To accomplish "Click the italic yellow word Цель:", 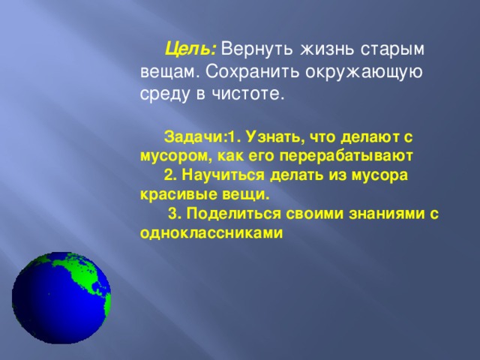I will [191, 49].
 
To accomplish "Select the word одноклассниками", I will [211, 232].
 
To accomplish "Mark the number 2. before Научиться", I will [169, 175].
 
